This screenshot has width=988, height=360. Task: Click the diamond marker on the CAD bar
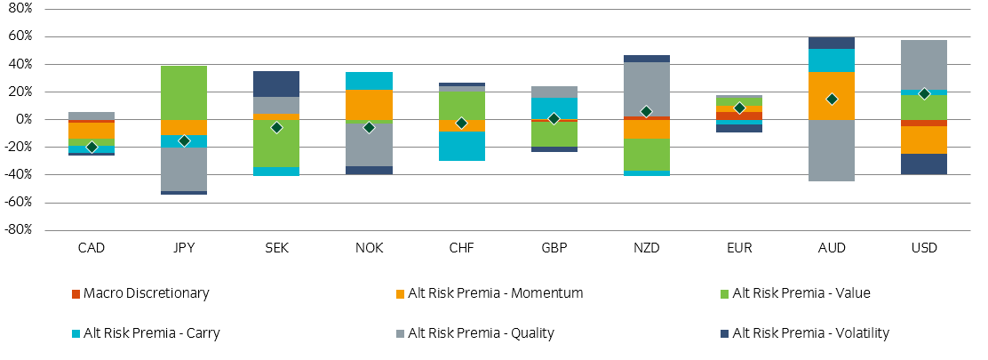point(92,147)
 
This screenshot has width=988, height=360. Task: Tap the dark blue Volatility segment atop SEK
point(276,84)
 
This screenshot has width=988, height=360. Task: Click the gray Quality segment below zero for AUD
point(831,150)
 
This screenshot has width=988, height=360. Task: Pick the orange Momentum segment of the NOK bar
point(369,104)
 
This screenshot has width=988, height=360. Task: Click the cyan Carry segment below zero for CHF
point(461,146)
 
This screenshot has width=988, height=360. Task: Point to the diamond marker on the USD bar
point(923,93)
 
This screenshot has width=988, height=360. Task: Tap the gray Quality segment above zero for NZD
point(646,89)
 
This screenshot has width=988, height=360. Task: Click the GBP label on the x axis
point(554,248)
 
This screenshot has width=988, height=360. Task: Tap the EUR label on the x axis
point(738,248)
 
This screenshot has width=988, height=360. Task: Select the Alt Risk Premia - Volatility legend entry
point(810,333)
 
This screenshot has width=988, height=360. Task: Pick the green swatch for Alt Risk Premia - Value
point(724,293)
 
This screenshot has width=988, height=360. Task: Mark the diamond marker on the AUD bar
point(831,99)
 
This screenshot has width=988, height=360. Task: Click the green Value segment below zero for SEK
point(276,143)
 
